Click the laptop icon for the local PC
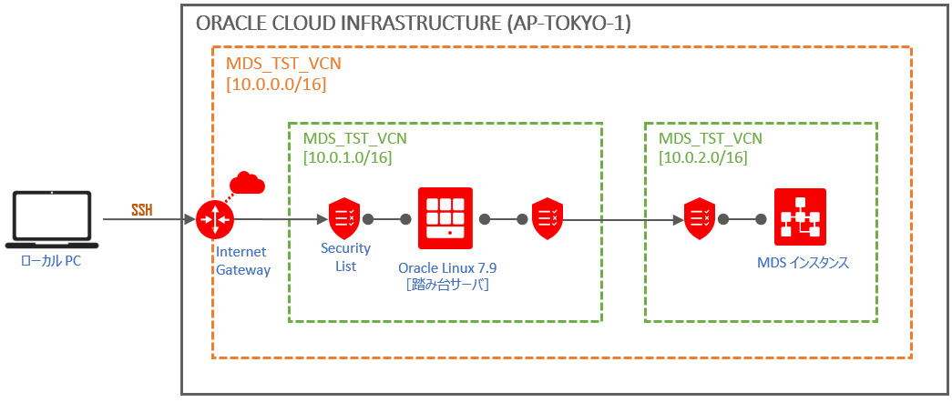click(51, 219)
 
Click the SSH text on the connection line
click(142, 210)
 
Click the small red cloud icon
click(247, 183)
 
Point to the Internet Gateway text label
click(242, 260)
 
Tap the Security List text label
click(345, 257)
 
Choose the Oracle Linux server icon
click(445, 218)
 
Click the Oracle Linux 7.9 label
click(447, 268)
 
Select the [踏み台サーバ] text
click(447, 286)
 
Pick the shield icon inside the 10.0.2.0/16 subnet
click(700, 219)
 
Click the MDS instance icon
click(800, 218)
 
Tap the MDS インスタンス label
click(803, 263)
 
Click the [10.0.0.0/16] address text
click(275, 85)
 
